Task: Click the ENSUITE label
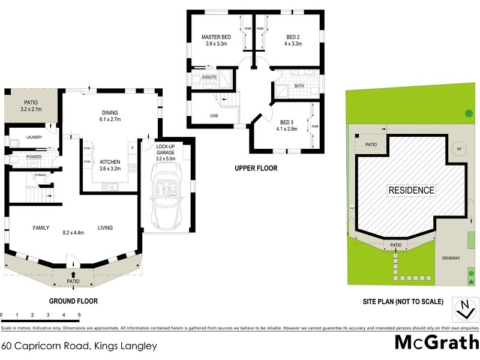point(209,77)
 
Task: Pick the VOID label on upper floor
point(214,115)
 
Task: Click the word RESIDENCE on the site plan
point(411,190)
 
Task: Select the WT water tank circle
point(459,149)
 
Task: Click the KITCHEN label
point(111,162)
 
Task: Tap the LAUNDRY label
point(34,137)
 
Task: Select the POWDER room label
point(34,157)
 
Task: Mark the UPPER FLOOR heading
point(256,169)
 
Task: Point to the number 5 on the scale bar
point(79,314)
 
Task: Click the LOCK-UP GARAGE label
point(165,152)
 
